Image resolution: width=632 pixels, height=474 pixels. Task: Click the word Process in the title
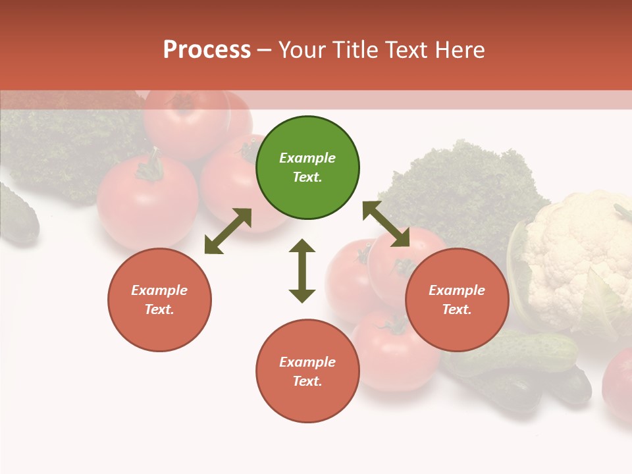point(207,50)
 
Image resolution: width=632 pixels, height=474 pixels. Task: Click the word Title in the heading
point(353,50)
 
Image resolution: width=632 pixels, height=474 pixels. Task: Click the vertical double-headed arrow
point(302,271)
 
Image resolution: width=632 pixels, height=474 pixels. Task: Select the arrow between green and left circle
point(228,231)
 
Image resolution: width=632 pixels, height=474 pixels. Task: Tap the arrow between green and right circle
point(386,224)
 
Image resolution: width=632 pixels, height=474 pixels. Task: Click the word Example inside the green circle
point(307,158)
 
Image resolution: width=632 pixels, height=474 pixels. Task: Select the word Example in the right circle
point(457,290)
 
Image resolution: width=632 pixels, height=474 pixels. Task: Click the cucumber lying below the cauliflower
point(520,349)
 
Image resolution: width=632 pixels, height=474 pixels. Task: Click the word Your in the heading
point(303,50)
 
